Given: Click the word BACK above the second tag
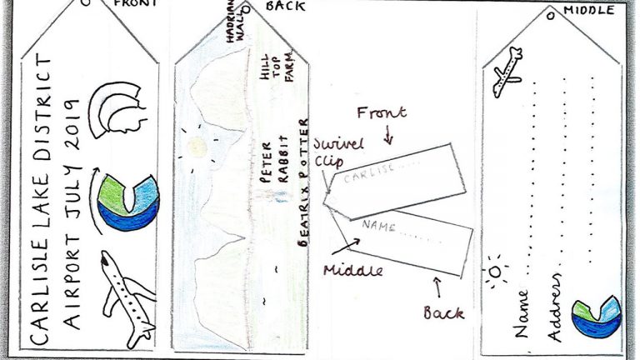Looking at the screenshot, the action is tap(285, 6).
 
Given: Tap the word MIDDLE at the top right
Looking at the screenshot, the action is tap(589, 10).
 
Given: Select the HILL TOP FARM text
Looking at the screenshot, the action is tap(277, 67).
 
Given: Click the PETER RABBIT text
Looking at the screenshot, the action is tap(275, 161).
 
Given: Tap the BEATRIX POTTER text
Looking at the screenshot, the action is tap(303, 182).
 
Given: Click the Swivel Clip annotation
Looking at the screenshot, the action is tap(338, 152).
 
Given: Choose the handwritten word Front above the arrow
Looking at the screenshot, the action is tap(382, 112).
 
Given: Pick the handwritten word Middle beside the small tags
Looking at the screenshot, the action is tap(353, 270).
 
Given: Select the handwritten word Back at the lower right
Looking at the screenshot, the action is tap(443, 312).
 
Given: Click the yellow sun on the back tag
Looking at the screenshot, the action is tap(197, 147).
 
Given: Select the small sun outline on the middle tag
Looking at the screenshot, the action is tap(496, 272).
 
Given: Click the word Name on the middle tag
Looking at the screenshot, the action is tap(521, 313).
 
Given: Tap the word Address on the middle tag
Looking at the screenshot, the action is tap(555, 307).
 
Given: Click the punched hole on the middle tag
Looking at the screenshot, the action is tap(551, 17).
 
